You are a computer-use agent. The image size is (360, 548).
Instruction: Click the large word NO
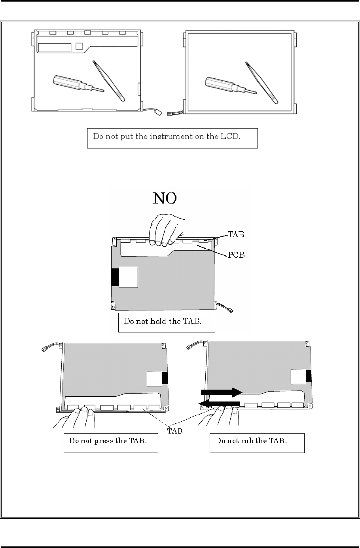[165, 198]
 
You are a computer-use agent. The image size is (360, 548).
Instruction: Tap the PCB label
[236, 255]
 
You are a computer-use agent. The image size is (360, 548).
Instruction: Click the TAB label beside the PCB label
[236, 234]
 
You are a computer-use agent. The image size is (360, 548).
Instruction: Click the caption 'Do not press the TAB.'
[111, 441]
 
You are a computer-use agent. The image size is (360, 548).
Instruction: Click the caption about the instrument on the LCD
[172, 138]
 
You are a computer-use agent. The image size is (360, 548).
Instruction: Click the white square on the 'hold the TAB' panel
[128, 277]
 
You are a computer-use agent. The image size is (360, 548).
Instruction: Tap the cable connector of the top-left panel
[158, 112]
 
